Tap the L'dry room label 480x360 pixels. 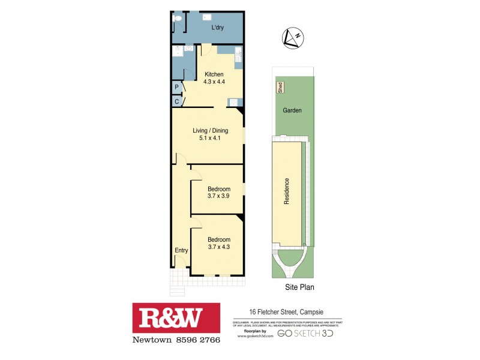coord(217,28)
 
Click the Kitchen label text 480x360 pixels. coord(214,74)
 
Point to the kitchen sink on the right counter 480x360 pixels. coord(238,55)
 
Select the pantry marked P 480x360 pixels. coord(177,88)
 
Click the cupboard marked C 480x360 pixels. coord(177,101)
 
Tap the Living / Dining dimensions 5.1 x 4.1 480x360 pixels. coord(208,138)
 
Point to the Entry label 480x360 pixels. coord(181,251)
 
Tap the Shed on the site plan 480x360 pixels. coord(280,88)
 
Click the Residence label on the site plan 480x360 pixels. coord(287,192)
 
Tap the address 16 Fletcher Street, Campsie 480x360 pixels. coord(287,312)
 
